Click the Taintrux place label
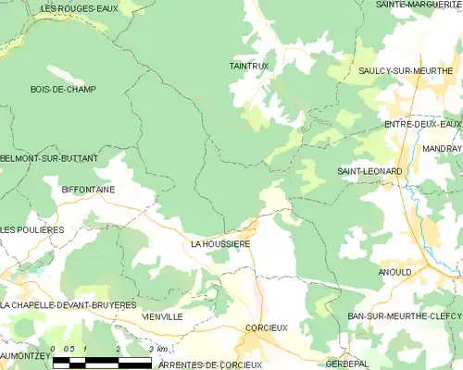tap(247, 66)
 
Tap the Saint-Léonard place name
tap(369, 172)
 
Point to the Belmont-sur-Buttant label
tap(49, 159)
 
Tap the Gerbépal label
tap(367, 364)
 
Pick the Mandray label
tap(444, 148)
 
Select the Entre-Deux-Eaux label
tap(422, 124)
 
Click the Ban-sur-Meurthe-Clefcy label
tap(404, 316)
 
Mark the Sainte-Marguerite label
tap(419, 5)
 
